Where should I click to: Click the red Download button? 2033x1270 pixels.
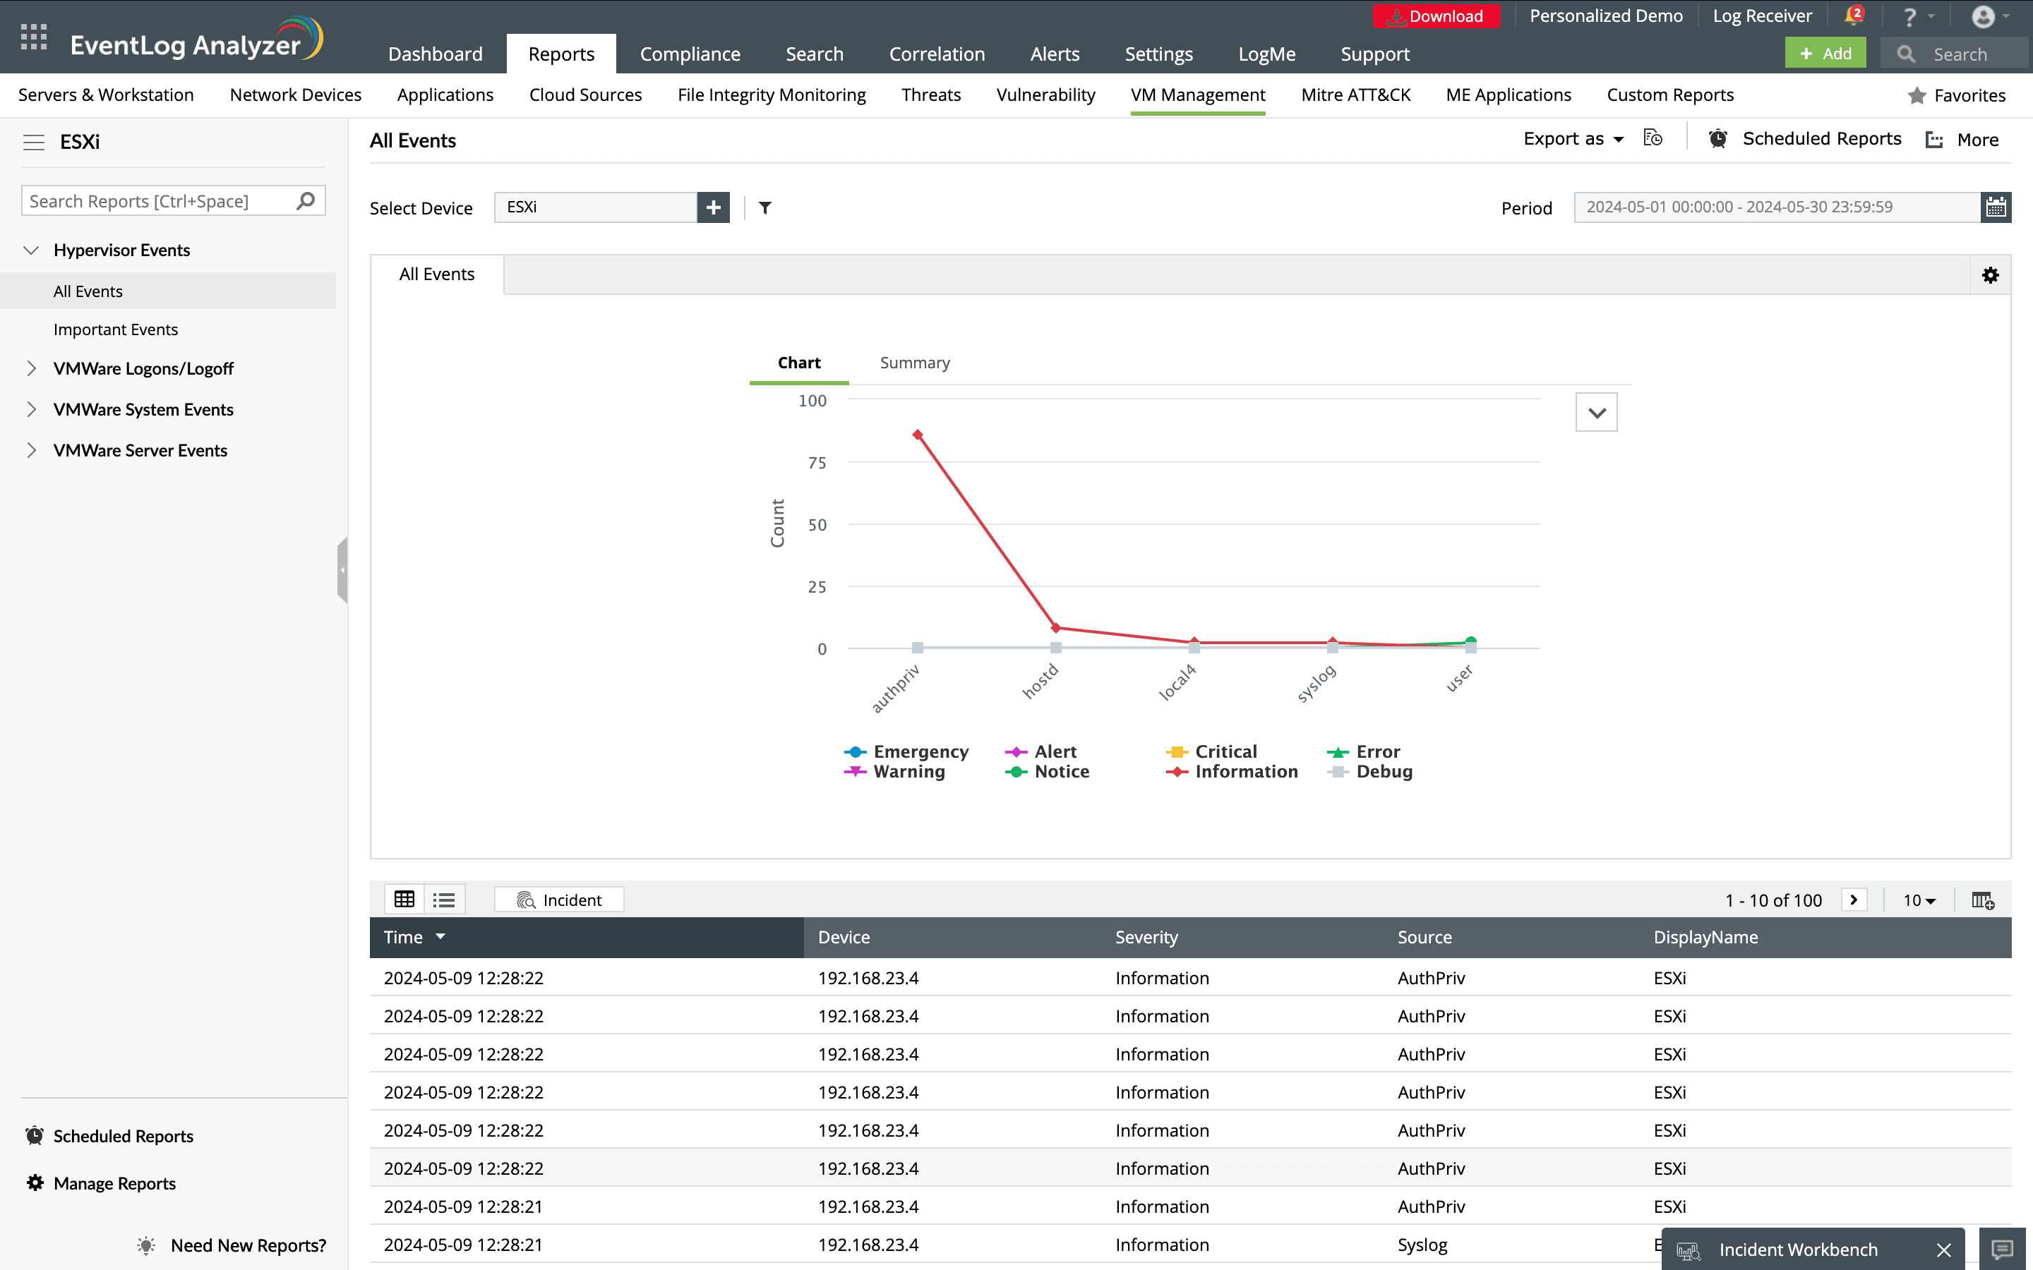pos(1436,16)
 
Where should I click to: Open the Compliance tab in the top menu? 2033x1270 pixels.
pos(690,54)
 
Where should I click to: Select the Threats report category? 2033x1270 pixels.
pos(931,95)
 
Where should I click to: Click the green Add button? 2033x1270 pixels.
pos(1825,54)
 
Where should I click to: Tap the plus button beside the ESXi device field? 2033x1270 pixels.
pos(713,207)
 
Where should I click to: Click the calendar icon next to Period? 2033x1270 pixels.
pos(1996,207)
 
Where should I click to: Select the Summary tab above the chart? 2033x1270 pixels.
pos(915,363)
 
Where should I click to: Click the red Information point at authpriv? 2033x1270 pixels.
pos(918,435)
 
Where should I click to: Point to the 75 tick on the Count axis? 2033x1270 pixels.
pos(817,463)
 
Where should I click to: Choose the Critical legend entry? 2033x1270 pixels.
pos(1225,751)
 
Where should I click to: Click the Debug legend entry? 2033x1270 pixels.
pos(1384,772)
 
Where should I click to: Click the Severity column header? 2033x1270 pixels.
pos(1146,938)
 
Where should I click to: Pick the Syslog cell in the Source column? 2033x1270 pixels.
pos(1422,1245)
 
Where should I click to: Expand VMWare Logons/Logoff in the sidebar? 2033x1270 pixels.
pos(143,369)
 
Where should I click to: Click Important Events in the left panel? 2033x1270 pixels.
pos(116,330)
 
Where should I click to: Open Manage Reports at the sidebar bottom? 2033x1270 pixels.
pos(114,1183)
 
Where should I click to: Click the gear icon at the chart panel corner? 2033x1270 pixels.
pos(1990,275)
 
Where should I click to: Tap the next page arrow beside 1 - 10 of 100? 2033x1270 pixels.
pos(1853,900)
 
